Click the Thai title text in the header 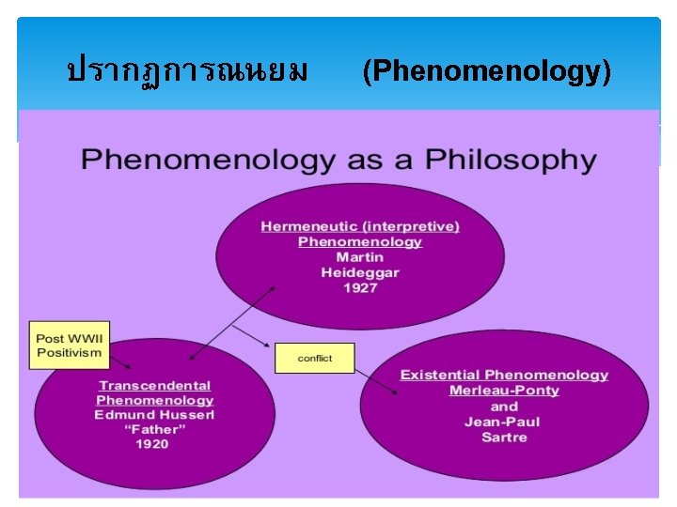[x=187, y=70]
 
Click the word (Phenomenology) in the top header [x=486, y=70]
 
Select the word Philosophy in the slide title [x=511, y=160]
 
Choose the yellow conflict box [x=315, y=359]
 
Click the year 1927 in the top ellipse [x=360, y=288]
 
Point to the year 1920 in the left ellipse [x=151, y=444]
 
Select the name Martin [x=360, y=257]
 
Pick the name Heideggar [x=360, y=273]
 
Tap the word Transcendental [x=155, y=386]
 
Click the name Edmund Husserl [x=154, y=415]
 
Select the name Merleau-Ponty [x=504, y=391]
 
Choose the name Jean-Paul [x=504, y=422]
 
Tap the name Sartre [x=504, y=438]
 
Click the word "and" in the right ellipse [x=504, y=407]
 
